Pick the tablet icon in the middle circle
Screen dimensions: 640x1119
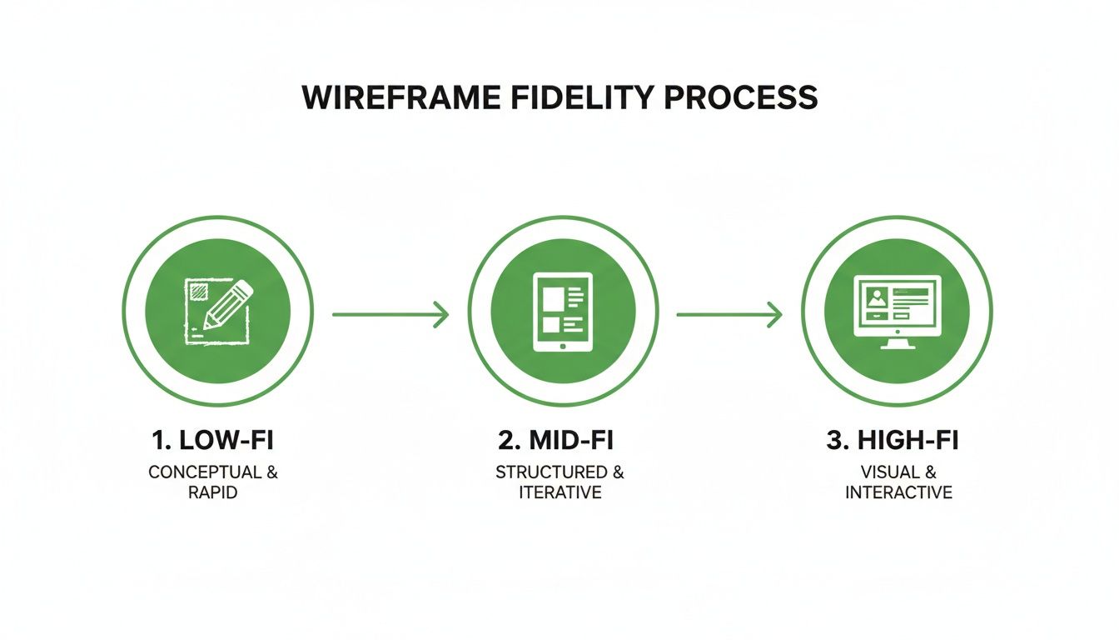pos(563,311)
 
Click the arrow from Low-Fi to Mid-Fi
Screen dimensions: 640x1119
pos(390,314)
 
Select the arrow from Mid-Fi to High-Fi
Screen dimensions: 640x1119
pos(729,314)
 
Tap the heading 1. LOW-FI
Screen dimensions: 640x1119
pos(213,441)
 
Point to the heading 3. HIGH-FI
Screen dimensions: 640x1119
pos(893,441)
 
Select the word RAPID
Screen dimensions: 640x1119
pos(213,492)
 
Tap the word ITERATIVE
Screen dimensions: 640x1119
pos(559,492)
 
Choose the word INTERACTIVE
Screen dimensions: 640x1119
pos(898,492)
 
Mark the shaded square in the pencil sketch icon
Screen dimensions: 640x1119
pos(199,291)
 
